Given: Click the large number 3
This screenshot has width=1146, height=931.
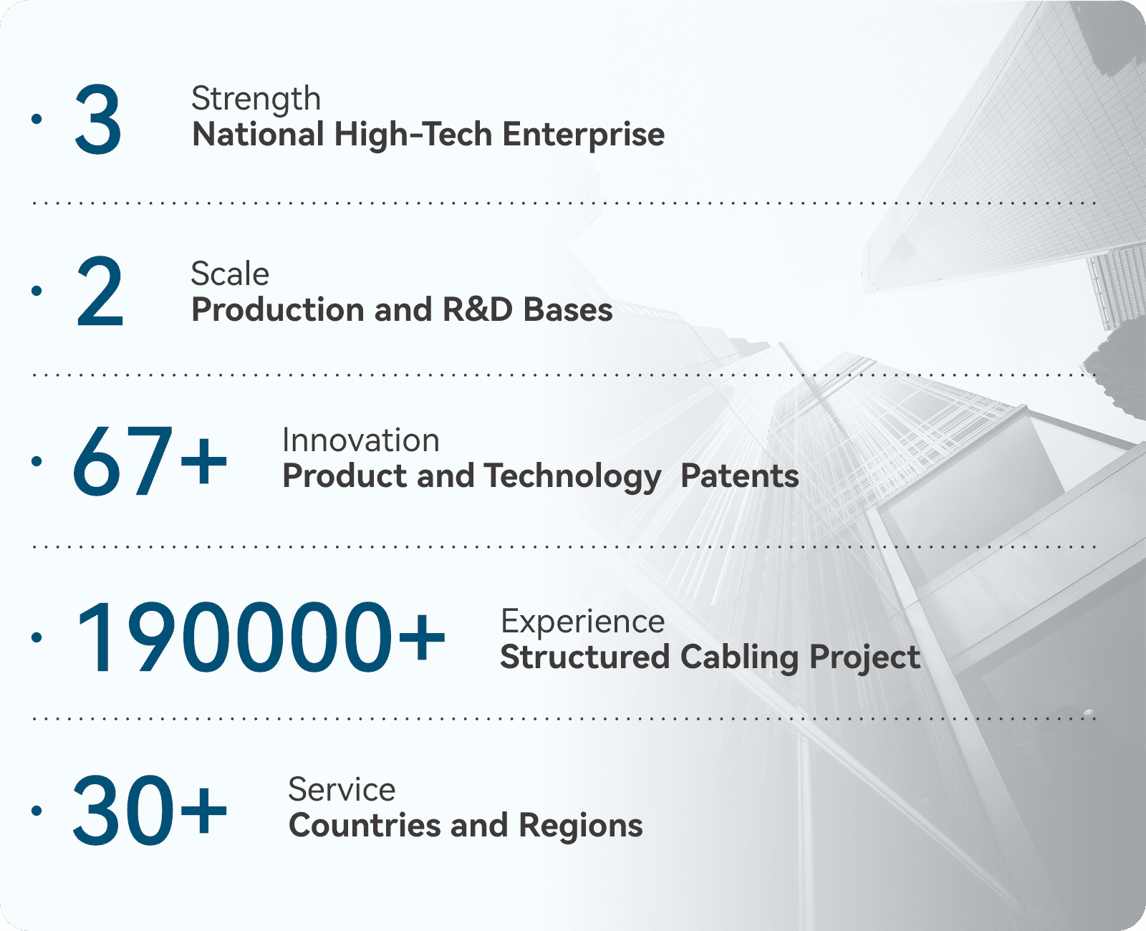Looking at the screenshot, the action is pyautogui.click(x=98, y=120).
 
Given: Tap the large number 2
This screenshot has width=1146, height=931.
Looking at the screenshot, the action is pyautogui.click(x=100, y=291).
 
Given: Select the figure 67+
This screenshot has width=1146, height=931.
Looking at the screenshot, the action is pyautogui.click(x=150, y=461).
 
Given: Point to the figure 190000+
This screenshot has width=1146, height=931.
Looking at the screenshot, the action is pyautogui.click(x=261, y=637).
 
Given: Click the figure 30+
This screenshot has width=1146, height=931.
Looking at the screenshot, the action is pyautogui.click(x=150, y=811).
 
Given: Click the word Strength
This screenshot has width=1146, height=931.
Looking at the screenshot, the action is pyautogui.click(x=256, y=99).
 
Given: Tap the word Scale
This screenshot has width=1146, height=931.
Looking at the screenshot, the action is pyautogui.click(x=231, y=274).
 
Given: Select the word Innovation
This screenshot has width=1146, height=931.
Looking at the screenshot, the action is pyautogui.click(x=361, y=440).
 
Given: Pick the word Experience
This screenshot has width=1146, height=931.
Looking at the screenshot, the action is pyautogui.click(x=583, y=623).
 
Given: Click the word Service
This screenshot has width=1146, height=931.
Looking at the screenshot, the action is pyautogui.click(x=342, y=789).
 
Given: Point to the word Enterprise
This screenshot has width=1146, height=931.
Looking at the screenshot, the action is pyautogui.click(x=584, y=135).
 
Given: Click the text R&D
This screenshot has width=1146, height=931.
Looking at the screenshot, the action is pyautogui.click(x=477, y=310).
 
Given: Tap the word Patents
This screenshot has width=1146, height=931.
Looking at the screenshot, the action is pyautogui.click(x=740, y=476).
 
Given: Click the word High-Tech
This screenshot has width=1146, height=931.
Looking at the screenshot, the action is pyautogui.click(x=413, y=135).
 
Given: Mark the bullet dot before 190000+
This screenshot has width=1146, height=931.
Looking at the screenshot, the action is pyautogui.click(x=37, y=638).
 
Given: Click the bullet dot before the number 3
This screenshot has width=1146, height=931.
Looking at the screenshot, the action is pyautogui.click(x=37, y=119).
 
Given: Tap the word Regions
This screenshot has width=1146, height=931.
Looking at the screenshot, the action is pyautogui.click(x=581, y=827).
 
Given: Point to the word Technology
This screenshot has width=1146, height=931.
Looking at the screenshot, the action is pyautogui.click(x=572, y=478).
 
